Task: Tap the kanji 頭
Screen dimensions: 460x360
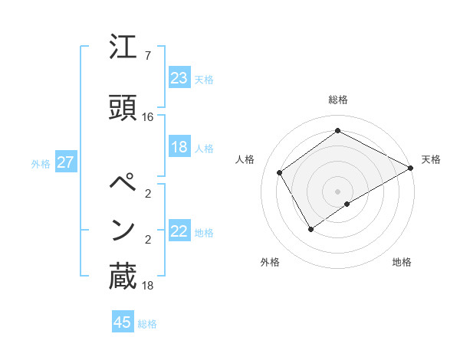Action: tap(123, 108)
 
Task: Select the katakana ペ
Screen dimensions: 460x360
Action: tap(123, 184)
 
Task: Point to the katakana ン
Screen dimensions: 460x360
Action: tap(123, 230)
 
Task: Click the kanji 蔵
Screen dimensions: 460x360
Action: tap(123, 277)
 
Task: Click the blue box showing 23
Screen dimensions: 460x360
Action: tap(179, 78)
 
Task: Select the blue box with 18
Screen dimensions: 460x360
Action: tap(179, 147)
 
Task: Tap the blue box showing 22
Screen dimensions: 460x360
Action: tap(179, 231)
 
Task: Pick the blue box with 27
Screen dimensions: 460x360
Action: tap(66, 162)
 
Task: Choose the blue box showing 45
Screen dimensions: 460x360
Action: tap(123, 322)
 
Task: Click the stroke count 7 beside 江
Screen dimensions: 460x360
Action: tap(147, 55)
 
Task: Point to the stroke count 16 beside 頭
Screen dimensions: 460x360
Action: tap(147, 116)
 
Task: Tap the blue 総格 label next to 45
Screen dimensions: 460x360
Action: tap(147, 324)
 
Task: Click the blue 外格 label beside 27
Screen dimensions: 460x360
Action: tap(41, 163)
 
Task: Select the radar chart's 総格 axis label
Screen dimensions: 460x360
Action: tap(337, 100)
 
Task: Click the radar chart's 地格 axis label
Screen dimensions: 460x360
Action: tap(402, 262)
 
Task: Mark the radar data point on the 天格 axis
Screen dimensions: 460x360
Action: tap(411, 168)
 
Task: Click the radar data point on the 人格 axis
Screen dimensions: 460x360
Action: tap(280, 172)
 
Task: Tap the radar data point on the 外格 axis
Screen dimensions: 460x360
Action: tap(310, 229)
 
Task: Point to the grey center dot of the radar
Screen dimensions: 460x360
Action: tap(337, 191)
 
